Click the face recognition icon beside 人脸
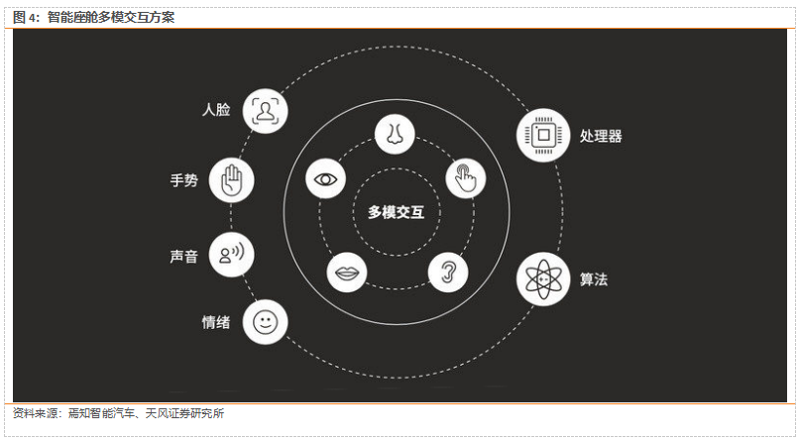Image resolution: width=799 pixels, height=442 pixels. click(265, 109)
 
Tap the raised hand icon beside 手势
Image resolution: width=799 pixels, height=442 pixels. click(233, 180)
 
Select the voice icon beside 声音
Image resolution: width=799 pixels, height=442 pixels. click(233, 256)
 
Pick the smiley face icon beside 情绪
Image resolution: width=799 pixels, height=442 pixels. click(265, 322)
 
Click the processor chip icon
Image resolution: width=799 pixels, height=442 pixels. click(543, 135)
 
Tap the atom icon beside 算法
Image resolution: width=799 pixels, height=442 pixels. click(543, 278)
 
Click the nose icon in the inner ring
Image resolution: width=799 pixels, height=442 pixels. click(395, 134)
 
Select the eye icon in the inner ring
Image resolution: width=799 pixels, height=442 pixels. click(325, 179)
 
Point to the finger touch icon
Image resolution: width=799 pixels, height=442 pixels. click(465, 179)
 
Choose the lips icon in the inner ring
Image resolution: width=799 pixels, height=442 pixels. click(347, 273)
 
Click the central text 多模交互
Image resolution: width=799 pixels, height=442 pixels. click(396, 211)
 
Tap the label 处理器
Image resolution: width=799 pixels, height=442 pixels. click(601, 136)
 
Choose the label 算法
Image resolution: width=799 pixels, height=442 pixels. click(594, 279)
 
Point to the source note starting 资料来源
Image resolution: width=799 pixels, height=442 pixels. click(118, 413)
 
